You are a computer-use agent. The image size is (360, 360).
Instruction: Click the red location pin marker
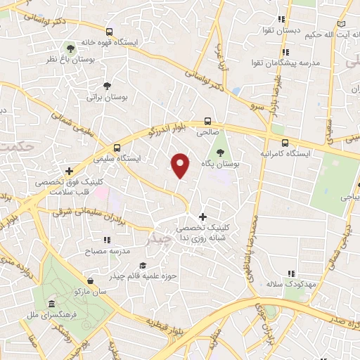[181, 165]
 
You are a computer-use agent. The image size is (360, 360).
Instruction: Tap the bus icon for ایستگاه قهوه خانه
[109, 32]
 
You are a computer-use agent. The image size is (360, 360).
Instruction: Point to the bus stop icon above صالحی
[207, 120]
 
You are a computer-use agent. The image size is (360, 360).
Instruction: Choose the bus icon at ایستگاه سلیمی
[117, 148]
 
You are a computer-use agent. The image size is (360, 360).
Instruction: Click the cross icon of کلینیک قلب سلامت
[69, 170]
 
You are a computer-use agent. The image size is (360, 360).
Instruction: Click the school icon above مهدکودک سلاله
[290, 274]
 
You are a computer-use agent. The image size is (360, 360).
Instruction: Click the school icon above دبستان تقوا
[281, 20]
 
